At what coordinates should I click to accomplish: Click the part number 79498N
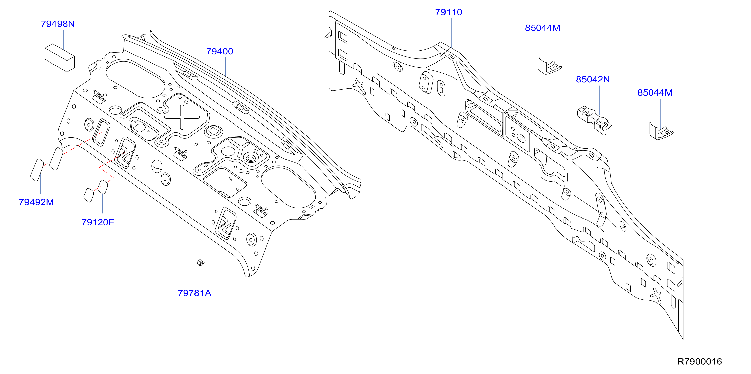(x=58, y=24)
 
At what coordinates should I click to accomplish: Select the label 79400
(x=219, y=52)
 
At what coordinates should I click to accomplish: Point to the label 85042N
(x=593, y=80)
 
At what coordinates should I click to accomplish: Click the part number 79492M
(x=36, y=202)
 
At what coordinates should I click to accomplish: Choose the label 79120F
(x=98, y=222)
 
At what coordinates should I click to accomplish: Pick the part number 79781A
(x=194, y=293)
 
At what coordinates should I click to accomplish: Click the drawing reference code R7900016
(x=699, y=362)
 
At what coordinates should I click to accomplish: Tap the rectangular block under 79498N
(x=60, y=58)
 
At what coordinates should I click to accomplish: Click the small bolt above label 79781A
(x=200, y=262)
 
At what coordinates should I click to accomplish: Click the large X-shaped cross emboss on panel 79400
(x=182, y=117)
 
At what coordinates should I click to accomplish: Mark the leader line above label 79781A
(x=201, y=275)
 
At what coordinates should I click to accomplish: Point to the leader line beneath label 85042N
(x=599, y=100)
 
